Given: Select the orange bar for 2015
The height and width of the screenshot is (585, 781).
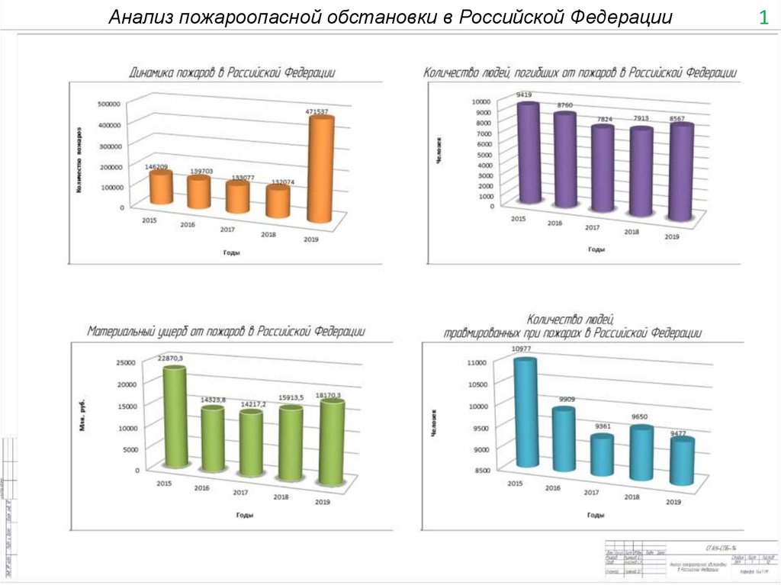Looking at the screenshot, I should click(x=161, y=188).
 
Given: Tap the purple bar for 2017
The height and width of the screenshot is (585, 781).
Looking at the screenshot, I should click(x=603, y=169).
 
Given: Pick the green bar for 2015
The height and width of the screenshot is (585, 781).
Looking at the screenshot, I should click(x=175, y=416).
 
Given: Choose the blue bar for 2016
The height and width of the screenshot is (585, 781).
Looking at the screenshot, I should click(x=564, y=439).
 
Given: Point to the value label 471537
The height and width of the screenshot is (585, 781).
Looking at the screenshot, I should click(x=317, y=111).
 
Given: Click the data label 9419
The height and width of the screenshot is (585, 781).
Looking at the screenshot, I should click(x=523, y=95).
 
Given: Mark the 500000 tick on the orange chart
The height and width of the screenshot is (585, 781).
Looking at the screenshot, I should click(x=109, y=104).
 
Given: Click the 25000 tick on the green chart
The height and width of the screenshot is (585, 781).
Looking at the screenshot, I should click(x=126, y=362).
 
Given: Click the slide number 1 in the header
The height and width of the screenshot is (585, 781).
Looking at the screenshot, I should click(x=763, y=18).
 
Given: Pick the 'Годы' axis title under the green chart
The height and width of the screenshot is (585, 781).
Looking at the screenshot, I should click(x=244, y=516).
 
